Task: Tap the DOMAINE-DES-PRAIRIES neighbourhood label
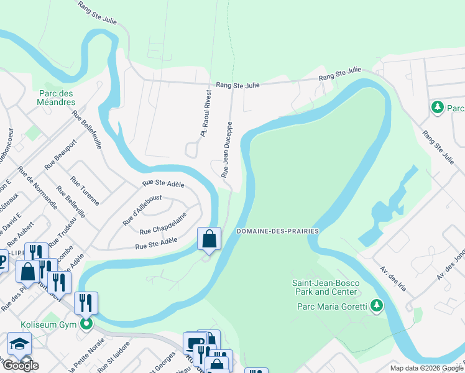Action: point(277,231)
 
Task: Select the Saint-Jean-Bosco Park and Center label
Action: point(326,287)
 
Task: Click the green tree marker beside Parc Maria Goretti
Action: point(375,305)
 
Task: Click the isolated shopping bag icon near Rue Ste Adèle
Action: point(209,239)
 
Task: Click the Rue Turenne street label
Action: point(85,191)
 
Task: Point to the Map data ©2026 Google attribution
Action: point(426,368)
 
